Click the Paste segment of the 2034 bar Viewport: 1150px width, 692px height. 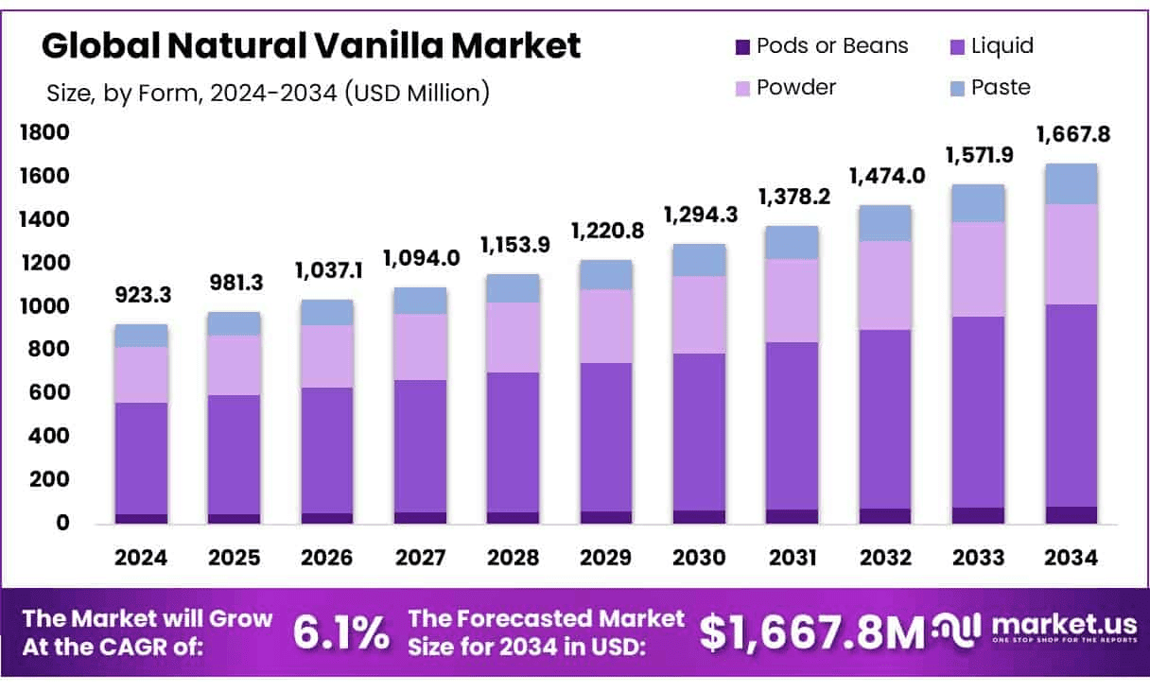click(x=1072, y=183)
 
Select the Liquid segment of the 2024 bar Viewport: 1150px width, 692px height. click(x=141, y=458)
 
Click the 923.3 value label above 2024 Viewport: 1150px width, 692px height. click(x=142, y=296)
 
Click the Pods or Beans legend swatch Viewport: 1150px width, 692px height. click(x=741, y=46)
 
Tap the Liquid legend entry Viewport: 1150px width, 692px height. click(x=990, y=46)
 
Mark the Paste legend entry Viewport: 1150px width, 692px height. click(x=990, y=88)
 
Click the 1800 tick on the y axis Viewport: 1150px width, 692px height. click(x=44, y=132)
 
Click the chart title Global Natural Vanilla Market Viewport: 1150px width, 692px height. click(x=311, y=44)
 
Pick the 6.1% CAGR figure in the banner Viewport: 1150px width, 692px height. click(x=340, y=633)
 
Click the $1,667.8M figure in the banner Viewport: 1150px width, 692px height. click(x=812, y=633)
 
